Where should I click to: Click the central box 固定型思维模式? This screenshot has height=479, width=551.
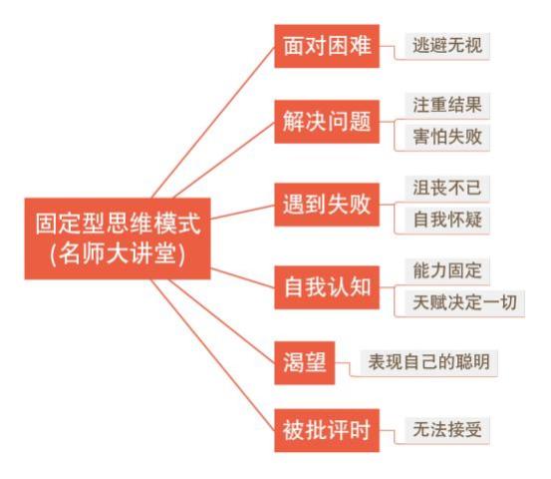coord(118,239)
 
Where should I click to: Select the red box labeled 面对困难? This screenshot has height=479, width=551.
coord(327,46)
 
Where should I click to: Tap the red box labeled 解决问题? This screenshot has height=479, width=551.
coord(327,122)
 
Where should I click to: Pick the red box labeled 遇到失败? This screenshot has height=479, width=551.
coord(327,205)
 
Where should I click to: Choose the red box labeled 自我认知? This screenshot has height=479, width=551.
coord(327,287)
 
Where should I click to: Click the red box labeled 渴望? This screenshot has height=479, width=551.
coord(305,363)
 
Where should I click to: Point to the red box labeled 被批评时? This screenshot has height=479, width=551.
coord(327,430)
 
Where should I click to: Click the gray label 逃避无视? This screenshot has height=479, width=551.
coord(447,45)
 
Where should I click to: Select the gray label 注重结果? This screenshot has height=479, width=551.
coord(447,105)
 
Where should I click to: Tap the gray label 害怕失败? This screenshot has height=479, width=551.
coord(447,137)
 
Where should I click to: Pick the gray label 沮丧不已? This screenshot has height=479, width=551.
coord(447,188)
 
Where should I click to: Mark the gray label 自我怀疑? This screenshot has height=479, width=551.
coord(447,220)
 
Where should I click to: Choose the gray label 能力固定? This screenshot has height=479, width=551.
coord(447,270)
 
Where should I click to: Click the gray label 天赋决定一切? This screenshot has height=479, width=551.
coord(464,302)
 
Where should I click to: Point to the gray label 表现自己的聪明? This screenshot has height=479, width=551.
coord(429,362)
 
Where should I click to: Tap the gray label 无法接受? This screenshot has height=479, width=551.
coord(447,430)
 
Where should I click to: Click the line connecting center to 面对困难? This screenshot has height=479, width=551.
coord(213,122)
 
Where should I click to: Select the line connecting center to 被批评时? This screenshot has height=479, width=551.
coord(213,355)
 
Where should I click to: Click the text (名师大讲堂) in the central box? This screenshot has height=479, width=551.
coord(118,254)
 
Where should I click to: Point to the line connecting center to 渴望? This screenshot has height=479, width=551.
coord(222,321)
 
